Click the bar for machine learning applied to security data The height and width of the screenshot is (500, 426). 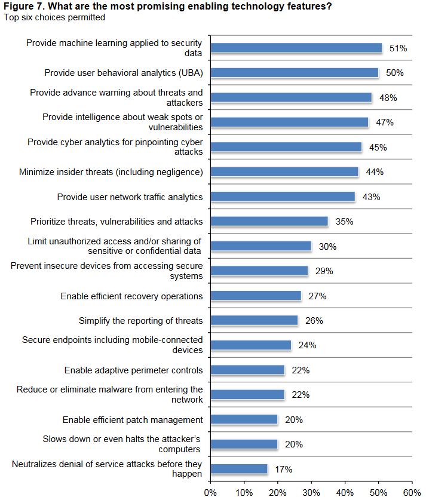296,48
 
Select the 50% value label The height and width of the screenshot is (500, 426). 394,73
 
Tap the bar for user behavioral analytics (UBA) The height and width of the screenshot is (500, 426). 294,73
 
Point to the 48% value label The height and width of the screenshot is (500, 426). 388,98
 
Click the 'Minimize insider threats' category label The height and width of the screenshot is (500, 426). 111,172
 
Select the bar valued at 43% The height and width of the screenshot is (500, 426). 283,197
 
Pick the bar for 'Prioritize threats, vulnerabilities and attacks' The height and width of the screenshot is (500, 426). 269,222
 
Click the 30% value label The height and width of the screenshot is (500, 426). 327,246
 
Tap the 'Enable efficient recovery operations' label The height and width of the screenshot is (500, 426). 131,296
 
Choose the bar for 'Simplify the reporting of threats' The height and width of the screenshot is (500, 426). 254,321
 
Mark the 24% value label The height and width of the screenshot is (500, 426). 307,345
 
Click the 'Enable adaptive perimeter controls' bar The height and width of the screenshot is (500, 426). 247,370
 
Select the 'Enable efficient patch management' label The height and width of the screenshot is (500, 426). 133,420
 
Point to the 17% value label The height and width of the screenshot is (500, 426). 283,470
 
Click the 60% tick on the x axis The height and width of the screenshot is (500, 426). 412,493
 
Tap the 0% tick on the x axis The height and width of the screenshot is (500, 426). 210,493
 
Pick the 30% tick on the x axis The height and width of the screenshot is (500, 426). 311,493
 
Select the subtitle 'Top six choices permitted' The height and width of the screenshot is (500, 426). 54,17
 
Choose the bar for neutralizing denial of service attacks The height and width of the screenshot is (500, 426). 239,470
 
